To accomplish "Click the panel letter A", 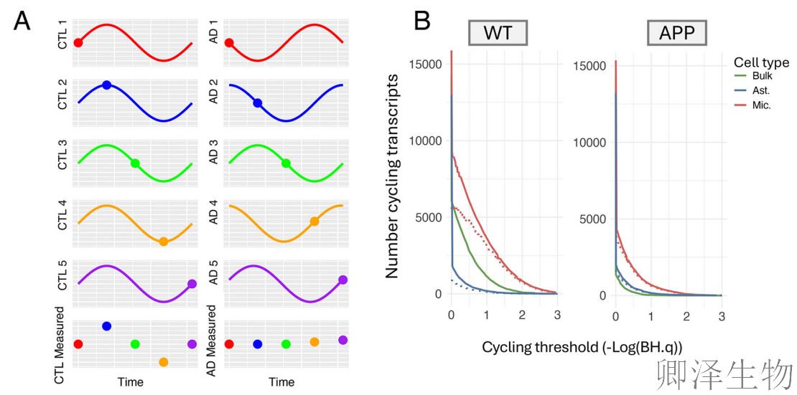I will [22, 22].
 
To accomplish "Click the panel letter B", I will [422, 21].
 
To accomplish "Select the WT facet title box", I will [498, 33].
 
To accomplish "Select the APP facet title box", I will [676, 33].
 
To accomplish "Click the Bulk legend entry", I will [761, 76].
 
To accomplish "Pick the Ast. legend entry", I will [760, 90].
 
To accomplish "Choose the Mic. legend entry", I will [760, 105].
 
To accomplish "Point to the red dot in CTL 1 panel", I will [78, 43].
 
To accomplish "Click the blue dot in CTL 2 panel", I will [106, 85].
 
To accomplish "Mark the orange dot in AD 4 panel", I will [314, 222].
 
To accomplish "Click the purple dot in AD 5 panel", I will [342, 280].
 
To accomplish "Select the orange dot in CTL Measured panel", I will [163, 362].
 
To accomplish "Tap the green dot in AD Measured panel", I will [286, 344].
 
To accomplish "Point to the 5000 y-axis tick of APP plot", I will [594, 219].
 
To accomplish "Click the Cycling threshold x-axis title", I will [582, 347].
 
